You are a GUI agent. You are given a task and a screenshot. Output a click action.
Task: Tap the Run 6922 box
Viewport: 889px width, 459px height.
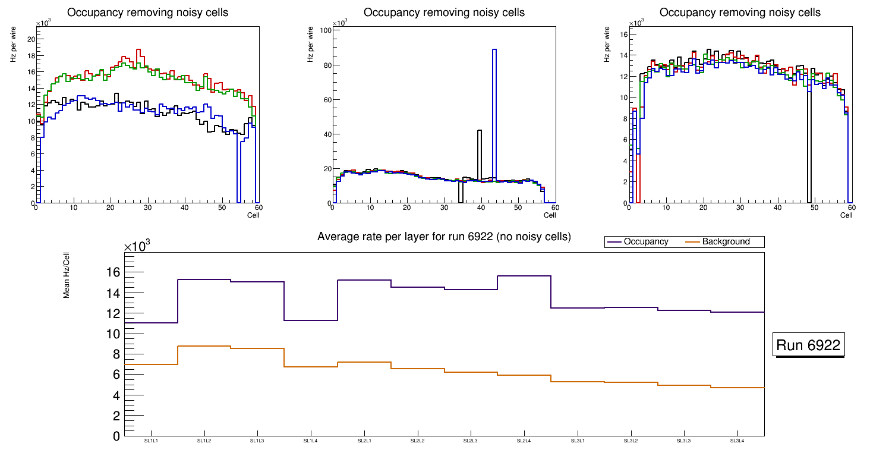pos(809,345)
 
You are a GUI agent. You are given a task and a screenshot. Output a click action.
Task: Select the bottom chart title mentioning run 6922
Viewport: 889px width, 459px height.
pos(444,237)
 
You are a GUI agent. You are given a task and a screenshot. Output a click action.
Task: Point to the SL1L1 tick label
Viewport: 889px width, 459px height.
pos(151,441)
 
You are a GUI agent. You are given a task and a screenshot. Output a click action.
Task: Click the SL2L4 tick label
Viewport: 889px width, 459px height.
pos(524,441)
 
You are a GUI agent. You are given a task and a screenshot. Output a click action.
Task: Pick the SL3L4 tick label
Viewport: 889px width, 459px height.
pos(737,441)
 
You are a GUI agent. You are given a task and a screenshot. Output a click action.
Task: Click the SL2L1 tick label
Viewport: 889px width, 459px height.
pos(364,441)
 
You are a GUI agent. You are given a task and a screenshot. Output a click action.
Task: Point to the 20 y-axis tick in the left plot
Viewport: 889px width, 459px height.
pos(31,39)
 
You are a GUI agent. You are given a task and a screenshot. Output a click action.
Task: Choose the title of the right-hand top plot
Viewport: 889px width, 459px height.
pos(740,12)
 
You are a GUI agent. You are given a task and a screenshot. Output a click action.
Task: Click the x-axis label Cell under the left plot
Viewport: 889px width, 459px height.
pos(253,215)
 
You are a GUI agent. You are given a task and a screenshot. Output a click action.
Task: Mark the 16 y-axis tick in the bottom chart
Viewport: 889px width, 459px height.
pos(113,273)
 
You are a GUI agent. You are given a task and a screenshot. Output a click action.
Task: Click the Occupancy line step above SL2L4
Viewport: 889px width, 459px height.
pos(524,276)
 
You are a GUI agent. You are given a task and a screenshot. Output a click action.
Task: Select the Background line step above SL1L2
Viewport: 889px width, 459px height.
pos(204,346)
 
